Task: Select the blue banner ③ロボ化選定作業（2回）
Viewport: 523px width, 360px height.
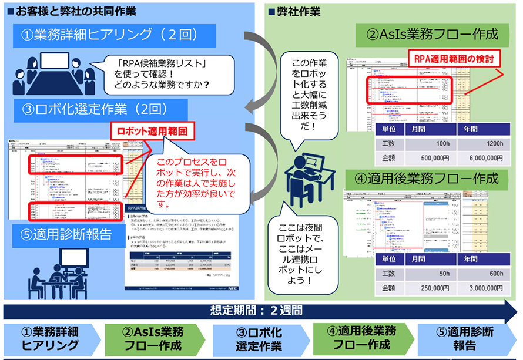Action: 97,109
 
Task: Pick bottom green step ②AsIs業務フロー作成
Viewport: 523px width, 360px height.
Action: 152,339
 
